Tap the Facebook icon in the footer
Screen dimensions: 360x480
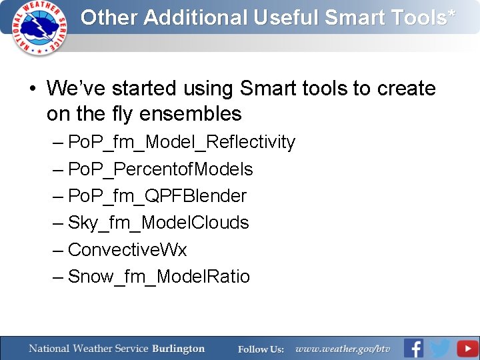(x=413, y=348)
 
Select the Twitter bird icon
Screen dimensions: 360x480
(x=440, y=348)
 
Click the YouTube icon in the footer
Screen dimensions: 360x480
(x=467, y=348)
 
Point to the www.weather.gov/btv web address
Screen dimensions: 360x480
(x=343, y=349)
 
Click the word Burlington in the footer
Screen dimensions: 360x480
(x=178, y=349)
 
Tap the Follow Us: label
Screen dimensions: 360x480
(x=261, y=349)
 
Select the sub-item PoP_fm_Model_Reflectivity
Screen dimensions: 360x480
(x=181, y=142)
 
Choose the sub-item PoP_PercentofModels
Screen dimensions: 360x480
(x=161, y=169)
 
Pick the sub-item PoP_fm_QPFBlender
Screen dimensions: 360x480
(x=157, y=196)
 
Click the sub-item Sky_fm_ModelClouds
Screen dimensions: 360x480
(x=159, y=223)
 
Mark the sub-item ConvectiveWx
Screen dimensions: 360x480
(x=127, y=250)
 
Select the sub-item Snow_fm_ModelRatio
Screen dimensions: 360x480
(x=159, y=277)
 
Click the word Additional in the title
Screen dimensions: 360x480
(x=195, y=18)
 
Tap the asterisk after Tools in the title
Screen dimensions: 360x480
(x=453, y=14)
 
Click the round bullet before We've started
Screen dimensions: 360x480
(x=31, y=89)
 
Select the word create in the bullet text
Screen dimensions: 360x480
(x=406, y=89)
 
